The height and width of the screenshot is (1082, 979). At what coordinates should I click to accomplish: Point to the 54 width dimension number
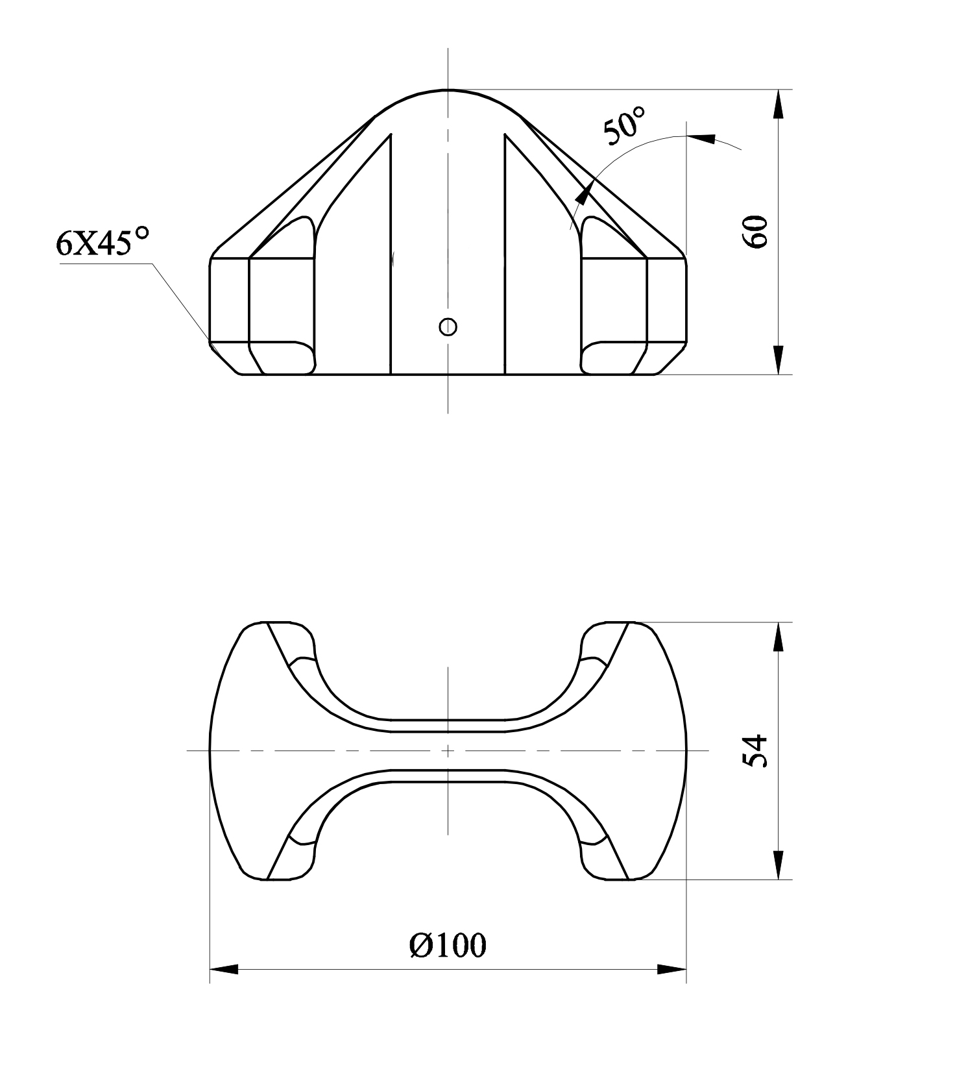click(756, 751)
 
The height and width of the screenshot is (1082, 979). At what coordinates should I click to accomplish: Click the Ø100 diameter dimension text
click(448, 946)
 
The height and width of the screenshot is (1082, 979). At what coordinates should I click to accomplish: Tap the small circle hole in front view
click(448, 326)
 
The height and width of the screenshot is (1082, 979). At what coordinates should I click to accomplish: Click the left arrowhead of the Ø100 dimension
click(224, 970)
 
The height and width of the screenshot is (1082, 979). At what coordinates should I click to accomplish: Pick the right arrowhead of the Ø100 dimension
click(671, 970)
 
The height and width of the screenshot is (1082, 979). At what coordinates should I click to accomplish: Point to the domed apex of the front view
click(448, 90)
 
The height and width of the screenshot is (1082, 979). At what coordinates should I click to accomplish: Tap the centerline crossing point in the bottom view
click(448, 751)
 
